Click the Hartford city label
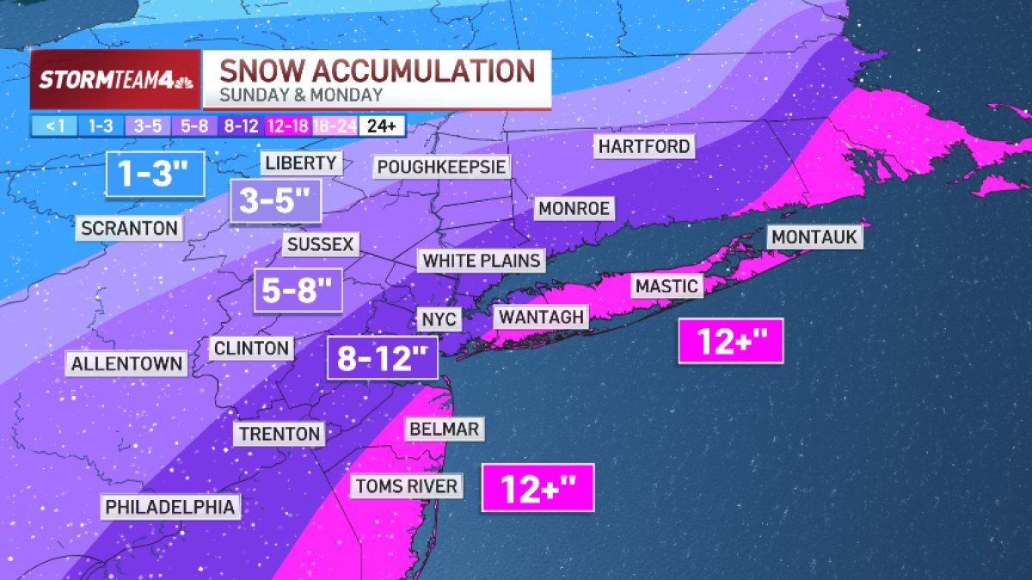click(x=644, y=146)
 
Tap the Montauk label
click(x=814, y=236)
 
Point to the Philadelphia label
click(x=170, y=507)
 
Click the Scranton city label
click(x=130, y=229)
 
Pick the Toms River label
click(x=406, y=486)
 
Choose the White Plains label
click(x=482, y=260)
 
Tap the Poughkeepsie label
click(x=442, y=166)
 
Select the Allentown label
click(x=127, y=363)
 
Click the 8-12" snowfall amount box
click(x=383, y=357)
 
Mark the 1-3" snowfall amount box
click(x=155, y=174)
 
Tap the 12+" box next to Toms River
click(x=537, y=489)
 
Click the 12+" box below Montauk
click(x=730, y=341)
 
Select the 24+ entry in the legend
click(x=381, y=125)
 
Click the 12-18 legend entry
click(x=288, y=125)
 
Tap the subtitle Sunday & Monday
click(x=301, y=95)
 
